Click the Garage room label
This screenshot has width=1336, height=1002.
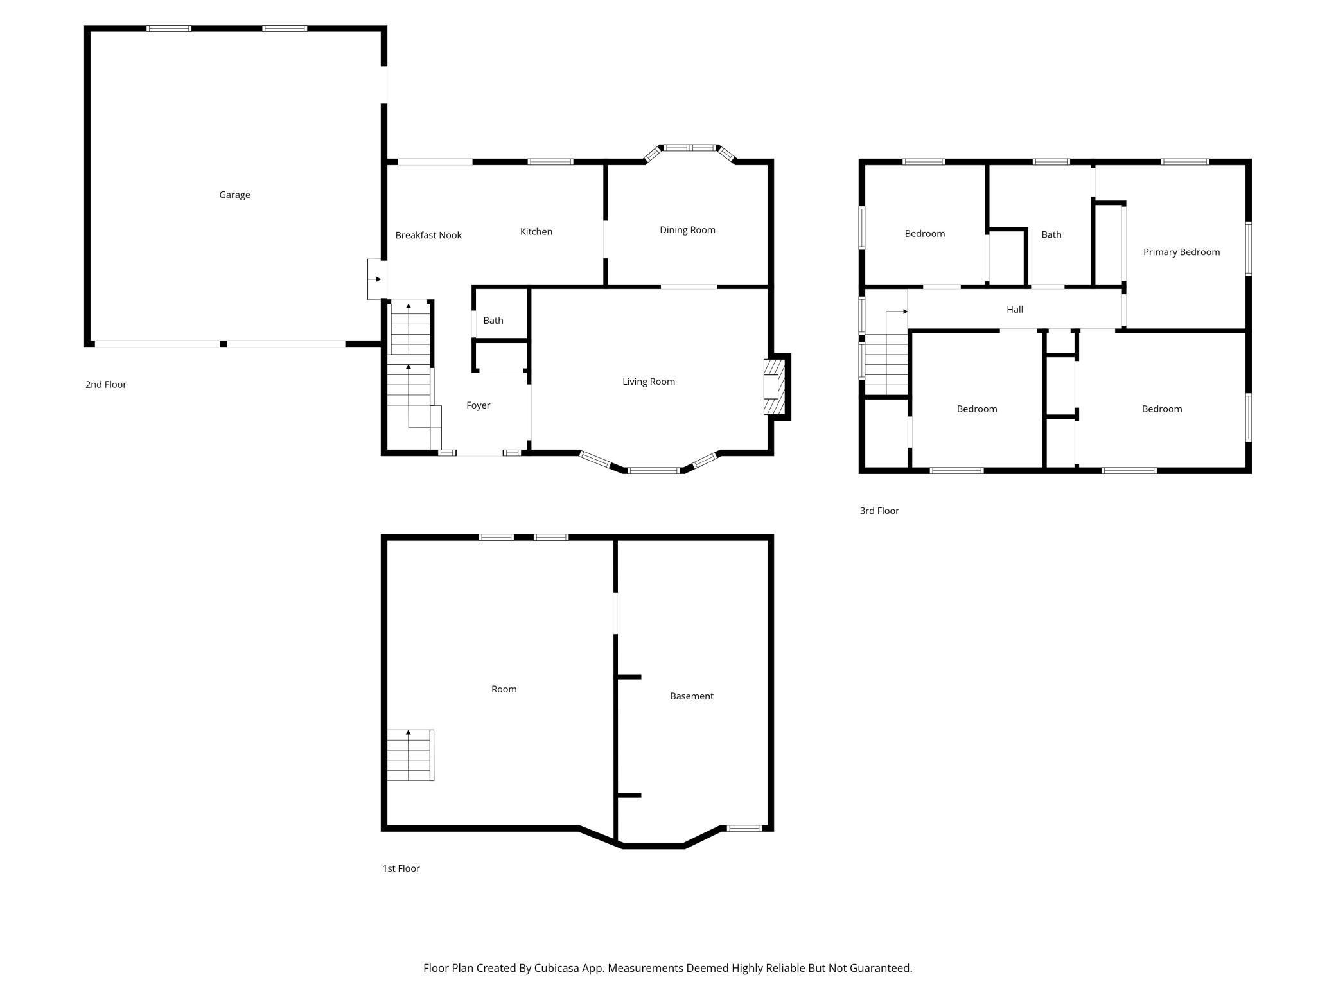coord(234,195)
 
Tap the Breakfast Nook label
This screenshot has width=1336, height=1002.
coord(428,235)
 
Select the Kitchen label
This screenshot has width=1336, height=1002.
coord(536,231)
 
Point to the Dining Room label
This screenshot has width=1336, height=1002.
coord(687,230)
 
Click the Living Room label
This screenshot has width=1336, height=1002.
coord(648,382)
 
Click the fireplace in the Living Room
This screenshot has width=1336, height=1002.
coord(773,387)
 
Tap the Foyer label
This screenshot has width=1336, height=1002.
coord(478,405)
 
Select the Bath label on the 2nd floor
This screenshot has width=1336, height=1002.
coord(493,321)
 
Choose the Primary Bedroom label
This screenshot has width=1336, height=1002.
coord(1181,252)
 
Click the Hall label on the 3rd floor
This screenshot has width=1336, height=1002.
coord(1014,310)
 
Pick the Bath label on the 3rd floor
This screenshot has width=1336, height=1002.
coord(1051,234)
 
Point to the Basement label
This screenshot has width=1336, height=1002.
coord(691,696)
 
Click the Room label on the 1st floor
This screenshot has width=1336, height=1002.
coord(504,689)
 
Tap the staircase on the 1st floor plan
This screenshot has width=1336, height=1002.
coord(410,755)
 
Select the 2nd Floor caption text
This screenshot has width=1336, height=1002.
coord(106,385)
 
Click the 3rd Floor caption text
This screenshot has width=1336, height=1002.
coord(879,511)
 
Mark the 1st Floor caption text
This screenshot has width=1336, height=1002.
coord(401,868)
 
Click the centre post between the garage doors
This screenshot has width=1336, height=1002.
coord(223,344)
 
